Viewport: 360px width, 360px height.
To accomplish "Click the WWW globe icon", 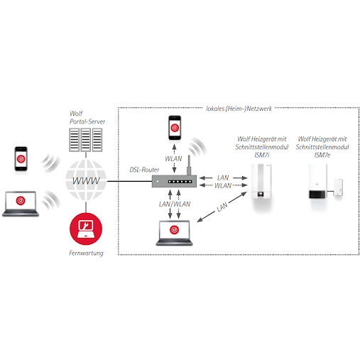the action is click(86, 180).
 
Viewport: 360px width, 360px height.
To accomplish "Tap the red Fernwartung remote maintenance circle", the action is click(86, 229).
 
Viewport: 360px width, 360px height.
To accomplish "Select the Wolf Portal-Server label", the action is click(87, 118).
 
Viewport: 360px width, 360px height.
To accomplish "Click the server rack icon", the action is click(86, 140).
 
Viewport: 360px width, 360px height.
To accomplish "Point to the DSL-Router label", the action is click(144, 170).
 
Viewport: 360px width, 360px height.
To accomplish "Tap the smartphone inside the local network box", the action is click(175, 128).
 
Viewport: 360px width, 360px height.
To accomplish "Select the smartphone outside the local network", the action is click(21, 158).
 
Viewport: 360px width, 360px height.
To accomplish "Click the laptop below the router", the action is click(175, 233).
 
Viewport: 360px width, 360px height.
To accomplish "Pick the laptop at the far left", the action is click(21, 204).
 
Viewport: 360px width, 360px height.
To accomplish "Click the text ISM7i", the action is click(262, 155).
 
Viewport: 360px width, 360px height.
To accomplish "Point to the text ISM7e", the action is click(322, 155).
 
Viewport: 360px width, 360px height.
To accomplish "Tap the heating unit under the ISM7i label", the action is click(261, 181).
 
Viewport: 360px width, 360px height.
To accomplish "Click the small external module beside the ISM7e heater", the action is click(338, 187).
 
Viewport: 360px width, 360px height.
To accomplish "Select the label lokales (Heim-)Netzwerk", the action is click(239, 109).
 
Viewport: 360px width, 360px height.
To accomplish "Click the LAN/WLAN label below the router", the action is click(175, 204).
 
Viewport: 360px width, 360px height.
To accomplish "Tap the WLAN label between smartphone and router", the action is click(173, 158).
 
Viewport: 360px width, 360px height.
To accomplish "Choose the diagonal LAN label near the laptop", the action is click(222, 207).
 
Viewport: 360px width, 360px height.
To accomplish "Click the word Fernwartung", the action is click(86, 253).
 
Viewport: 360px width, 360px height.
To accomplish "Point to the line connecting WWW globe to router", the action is click(129, 181).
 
